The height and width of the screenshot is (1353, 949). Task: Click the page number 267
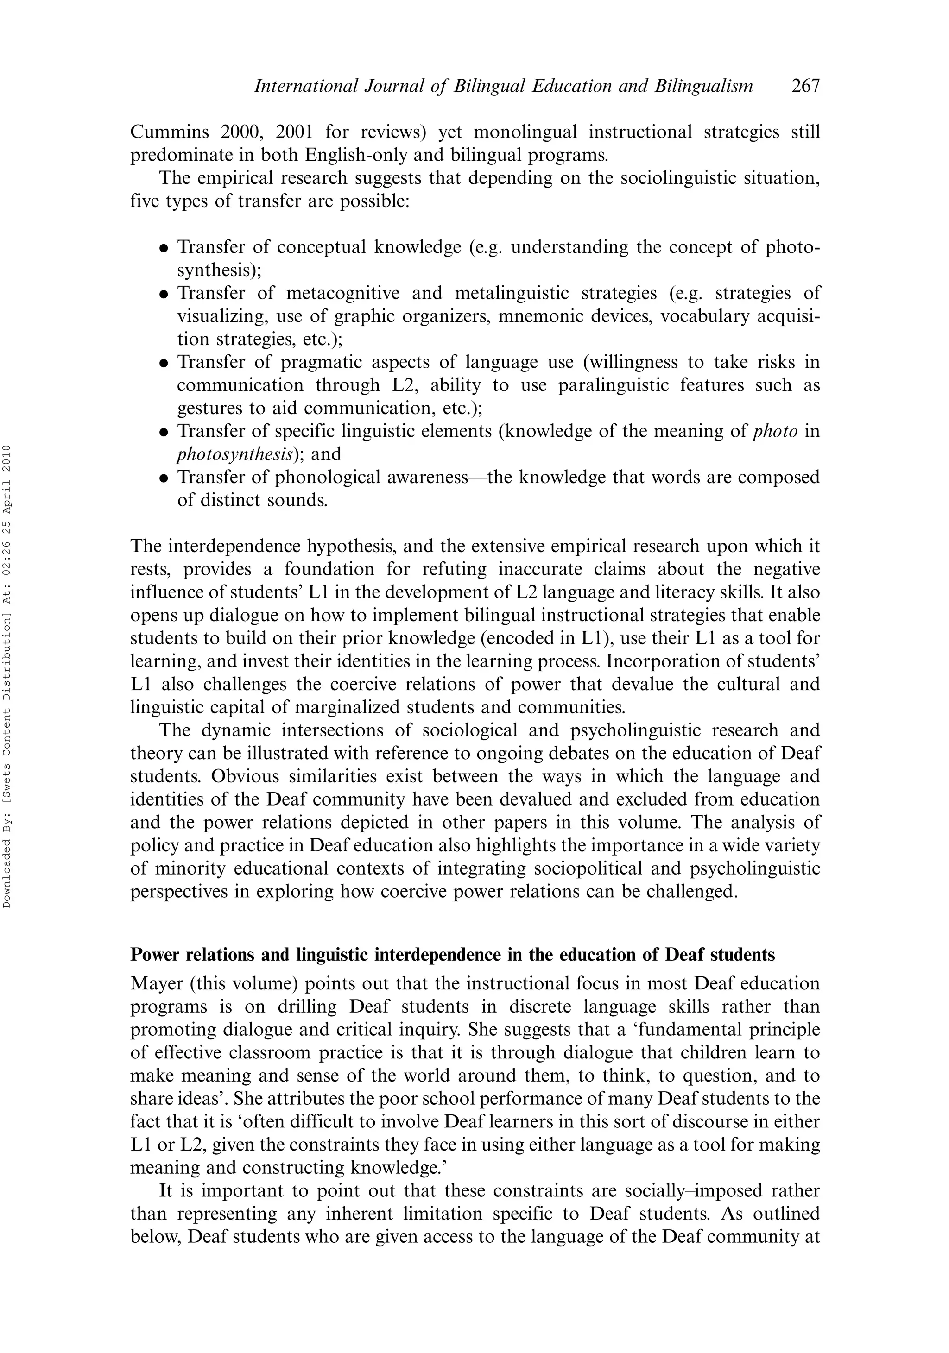point(805,87)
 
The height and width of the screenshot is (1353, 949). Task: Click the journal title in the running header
point(503,87)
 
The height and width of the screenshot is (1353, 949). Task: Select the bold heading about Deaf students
point(452,955)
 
